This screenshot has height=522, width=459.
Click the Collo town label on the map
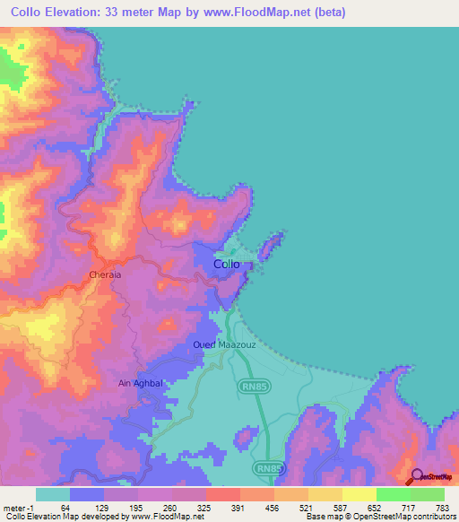(x=227, y=265)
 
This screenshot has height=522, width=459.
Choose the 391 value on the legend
(x=239, y=509)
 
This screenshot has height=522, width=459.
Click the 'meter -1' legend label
(x=19, y=509)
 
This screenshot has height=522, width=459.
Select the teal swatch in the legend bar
(x=53, y=494)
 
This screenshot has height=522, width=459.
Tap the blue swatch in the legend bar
(x=87, y=494)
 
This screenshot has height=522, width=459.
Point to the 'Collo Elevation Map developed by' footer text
(x=56, y=518)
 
